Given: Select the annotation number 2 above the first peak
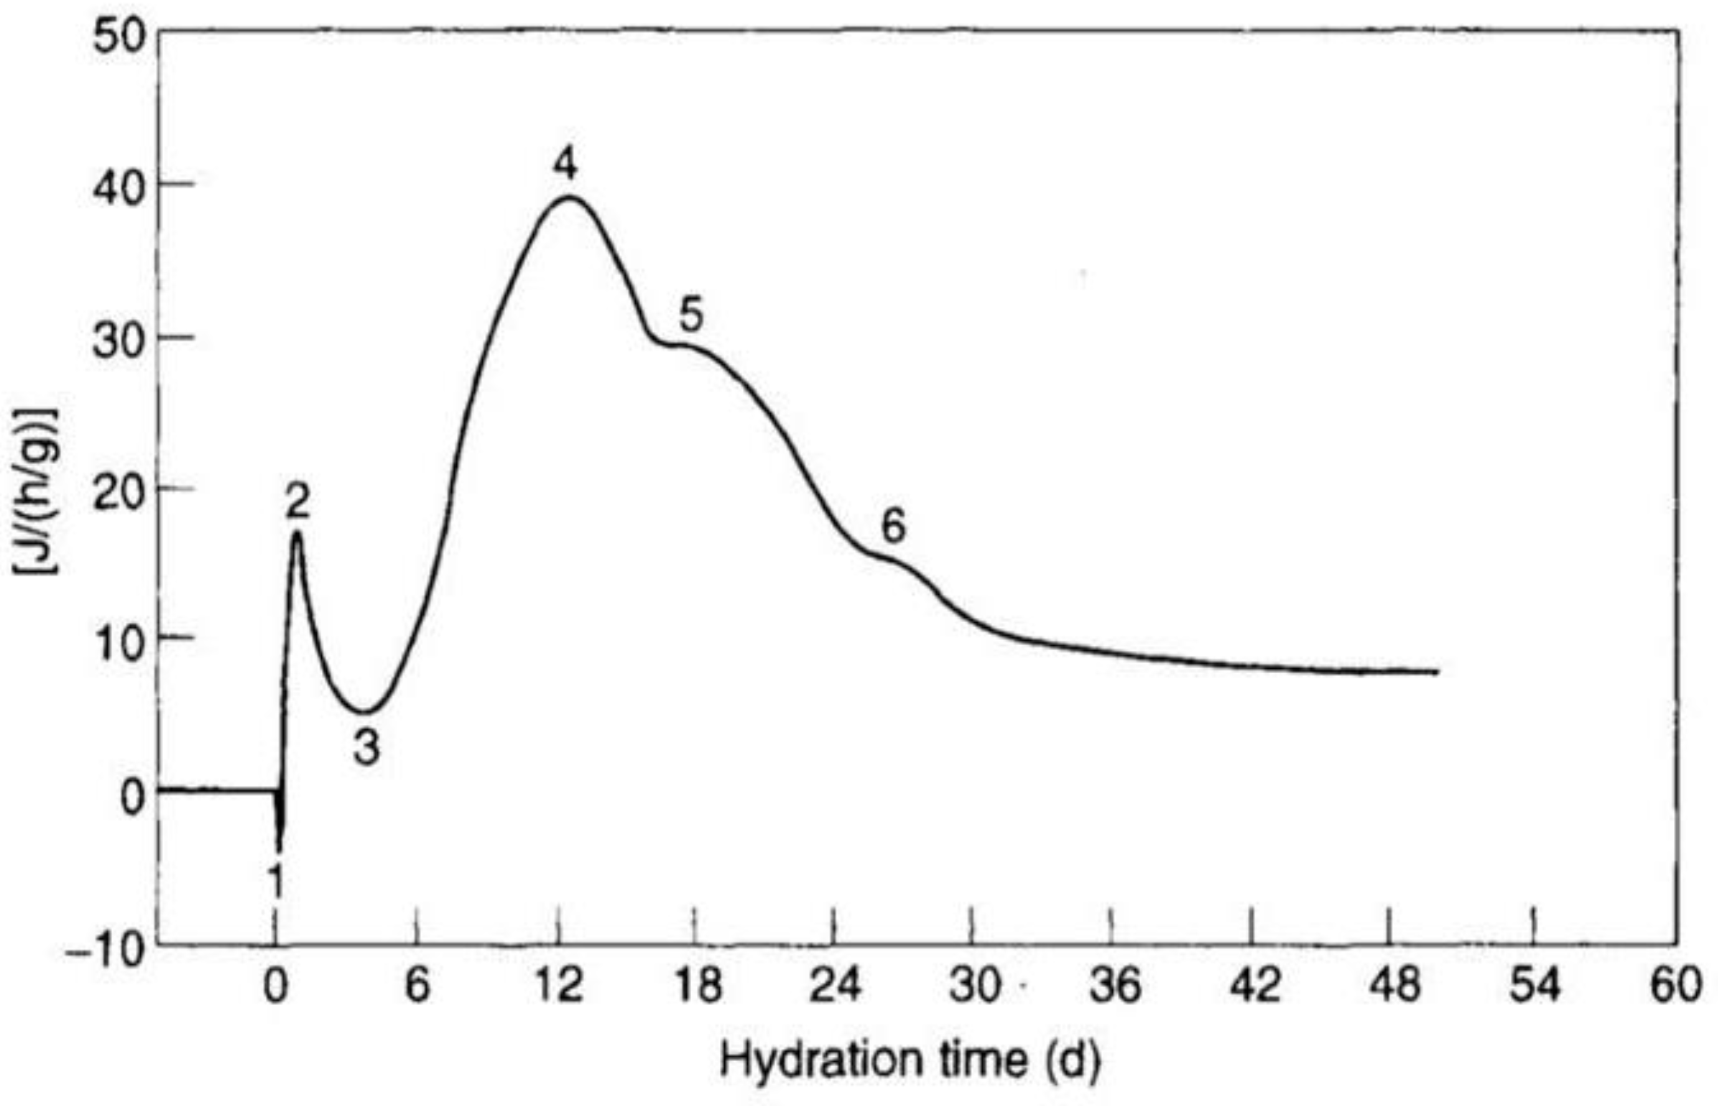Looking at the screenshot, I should coord(297,501).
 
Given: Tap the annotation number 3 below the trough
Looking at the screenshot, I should coord(366,747).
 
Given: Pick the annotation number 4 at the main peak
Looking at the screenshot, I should coord(565,164).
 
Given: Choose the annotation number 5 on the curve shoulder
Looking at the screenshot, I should coord(691,314).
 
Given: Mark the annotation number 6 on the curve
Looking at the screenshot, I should coord(894,526).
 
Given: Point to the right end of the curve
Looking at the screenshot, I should coord(1438,671).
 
